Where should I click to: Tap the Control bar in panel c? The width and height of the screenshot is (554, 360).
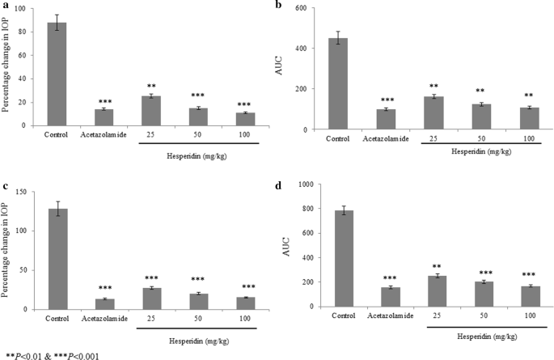point(57,259)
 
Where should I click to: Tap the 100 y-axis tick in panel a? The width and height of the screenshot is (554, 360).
point(30,10)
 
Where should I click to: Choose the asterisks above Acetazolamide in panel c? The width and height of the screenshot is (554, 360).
point(104,288)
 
